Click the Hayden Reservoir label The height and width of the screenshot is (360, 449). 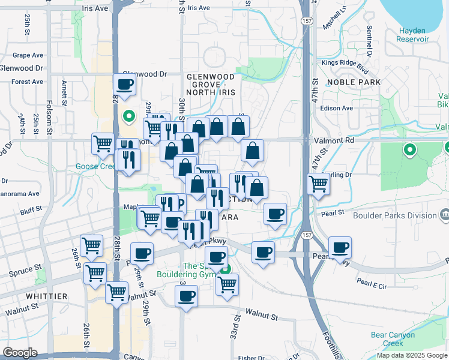click(x=412, y=35)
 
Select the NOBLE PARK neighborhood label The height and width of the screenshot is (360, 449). click(x=350, y=82)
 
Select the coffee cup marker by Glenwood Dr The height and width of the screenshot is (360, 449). click(x=125, y=85)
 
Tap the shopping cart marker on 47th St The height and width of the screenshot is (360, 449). click(x=318, y=184)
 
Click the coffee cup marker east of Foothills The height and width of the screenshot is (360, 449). click(x=340, y=247)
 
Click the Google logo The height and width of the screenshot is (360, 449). click(x=20, y=353)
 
